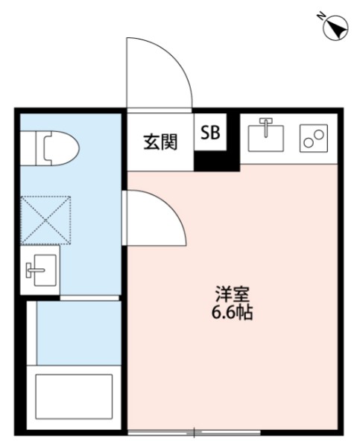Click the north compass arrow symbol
337,28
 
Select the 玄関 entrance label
160,141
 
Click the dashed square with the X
45,220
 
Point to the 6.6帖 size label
229,313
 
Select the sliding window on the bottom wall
195,432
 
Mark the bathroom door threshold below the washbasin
89,297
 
